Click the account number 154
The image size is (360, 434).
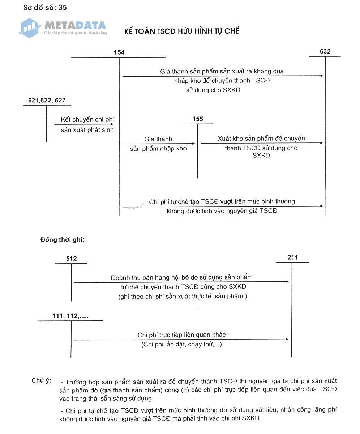coord(119,52)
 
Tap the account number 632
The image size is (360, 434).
coord(325,51)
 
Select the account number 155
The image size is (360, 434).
coord(198,119)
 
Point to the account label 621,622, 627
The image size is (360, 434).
coord(47,100)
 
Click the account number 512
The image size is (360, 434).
coord(72,259)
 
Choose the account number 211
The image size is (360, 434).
coord(293,258)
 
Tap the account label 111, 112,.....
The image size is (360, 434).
coord(70,316)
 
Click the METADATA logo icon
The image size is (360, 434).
coord(29,28)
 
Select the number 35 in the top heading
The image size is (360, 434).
coord(62,7)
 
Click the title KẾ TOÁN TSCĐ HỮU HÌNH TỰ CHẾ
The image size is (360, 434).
coord(181,31)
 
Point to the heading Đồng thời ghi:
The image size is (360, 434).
coord(63,239)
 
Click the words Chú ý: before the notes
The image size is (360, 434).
coord(41,380)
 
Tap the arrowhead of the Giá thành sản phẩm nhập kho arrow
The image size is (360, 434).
coord(193,144)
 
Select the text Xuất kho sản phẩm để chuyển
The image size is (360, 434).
coord(261,139)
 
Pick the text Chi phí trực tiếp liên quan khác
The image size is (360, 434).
coord(181,335)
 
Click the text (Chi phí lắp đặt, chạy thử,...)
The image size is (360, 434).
coord(181,344)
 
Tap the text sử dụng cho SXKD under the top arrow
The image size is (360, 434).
coord(213,90)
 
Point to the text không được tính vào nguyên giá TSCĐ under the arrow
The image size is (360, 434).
coord(222,210)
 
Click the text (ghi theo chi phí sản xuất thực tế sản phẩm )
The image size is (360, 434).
coord(183,297)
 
